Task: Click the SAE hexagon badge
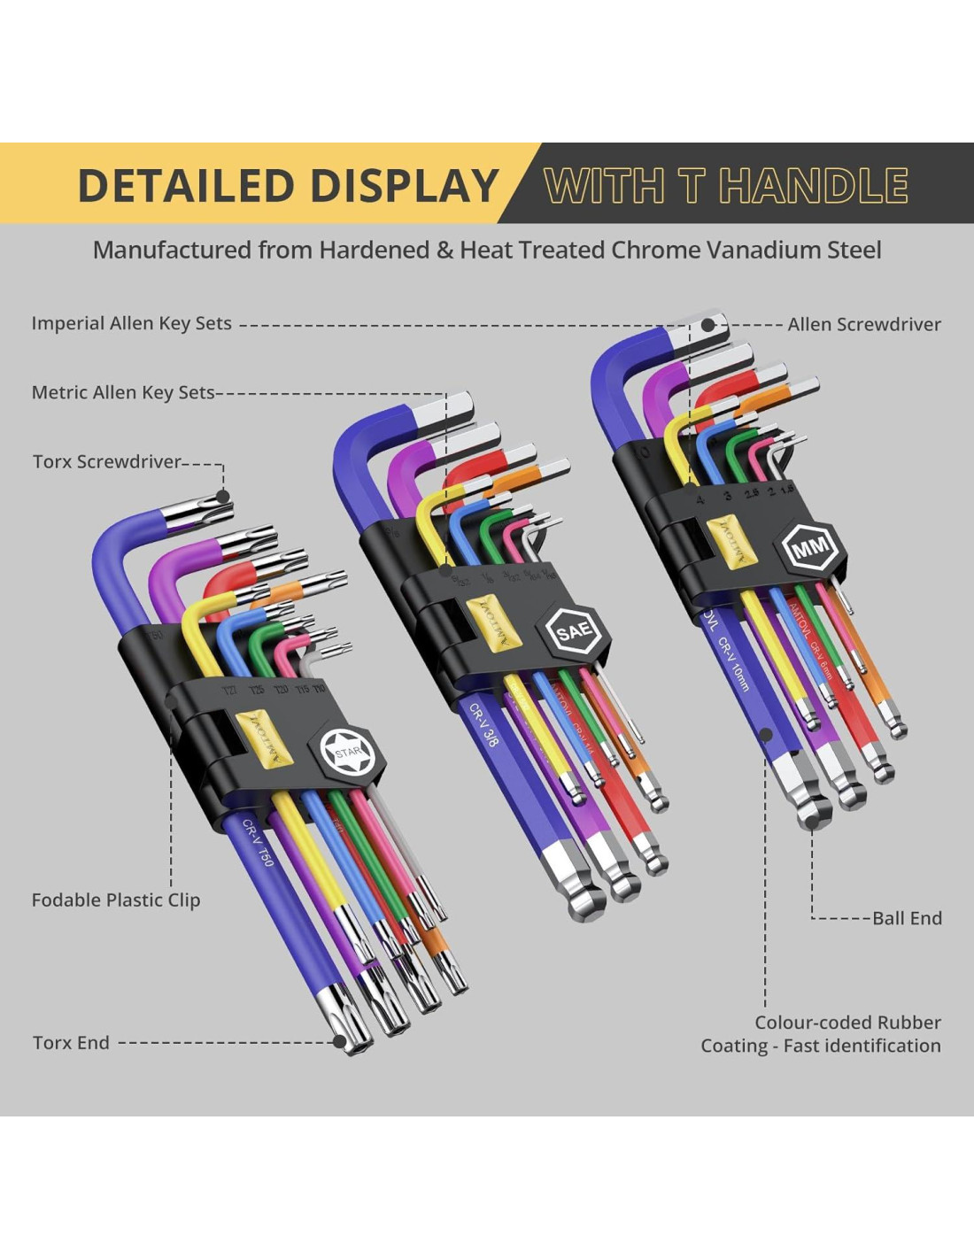[x=574, y=631]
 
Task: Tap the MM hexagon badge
[x=810, y=549]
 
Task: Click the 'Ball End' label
[x=907, y=918]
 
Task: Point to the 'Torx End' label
[x=71, y=1042]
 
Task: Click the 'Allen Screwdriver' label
[x=864, y=324]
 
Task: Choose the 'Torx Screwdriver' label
[x=107, y=461]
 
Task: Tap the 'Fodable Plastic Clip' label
[x=116, y=900]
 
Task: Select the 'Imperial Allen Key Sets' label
[x=132, y=323]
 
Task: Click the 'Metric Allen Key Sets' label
[x=123, y=392]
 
